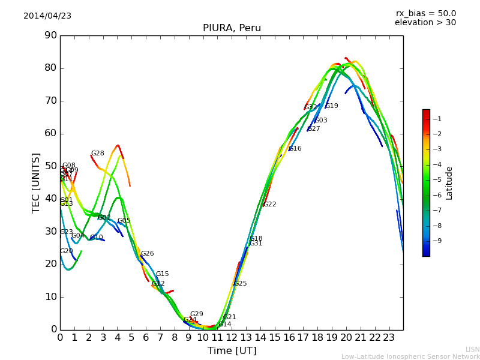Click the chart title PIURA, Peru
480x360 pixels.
232,28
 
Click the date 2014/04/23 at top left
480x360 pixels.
47,16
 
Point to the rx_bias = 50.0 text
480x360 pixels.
425,13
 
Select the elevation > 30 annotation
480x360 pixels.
425,23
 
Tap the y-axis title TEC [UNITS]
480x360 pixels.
36,182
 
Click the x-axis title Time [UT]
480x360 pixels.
232,350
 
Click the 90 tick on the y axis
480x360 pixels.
50,35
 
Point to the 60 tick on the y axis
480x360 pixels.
50,133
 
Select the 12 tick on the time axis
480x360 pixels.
232,338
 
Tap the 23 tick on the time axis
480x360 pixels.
389,338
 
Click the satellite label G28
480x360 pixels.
98,154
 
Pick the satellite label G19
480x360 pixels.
332,106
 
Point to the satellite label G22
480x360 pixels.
270,205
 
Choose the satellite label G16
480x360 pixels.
295,149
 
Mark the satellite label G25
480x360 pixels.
241,284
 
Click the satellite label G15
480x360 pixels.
163,274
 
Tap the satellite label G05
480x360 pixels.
124,221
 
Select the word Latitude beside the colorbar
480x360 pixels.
449,183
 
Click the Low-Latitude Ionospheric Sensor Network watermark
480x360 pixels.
410,357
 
